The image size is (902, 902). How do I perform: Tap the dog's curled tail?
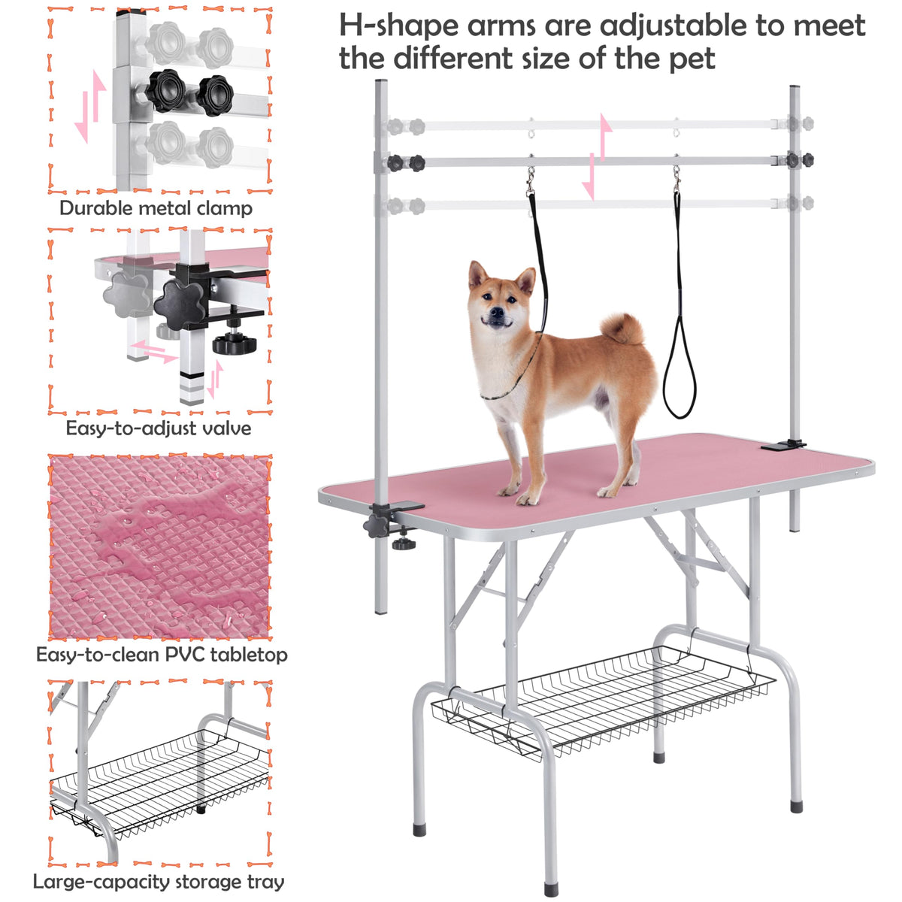622,328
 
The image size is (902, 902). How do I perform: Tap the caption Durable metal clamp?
156,208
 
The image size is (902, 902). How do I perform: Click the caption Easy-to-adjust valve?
158,428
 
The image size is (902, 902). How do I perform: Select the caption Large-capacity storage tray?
158,882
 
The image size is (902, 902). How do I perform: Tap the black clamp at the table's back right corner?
783,445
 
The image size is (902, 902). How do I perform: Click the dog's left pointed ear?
477,274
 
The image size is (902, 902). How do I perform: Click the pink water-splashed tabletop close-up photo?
159,546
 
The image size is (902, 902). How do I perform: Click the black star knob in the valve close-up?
180,304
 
